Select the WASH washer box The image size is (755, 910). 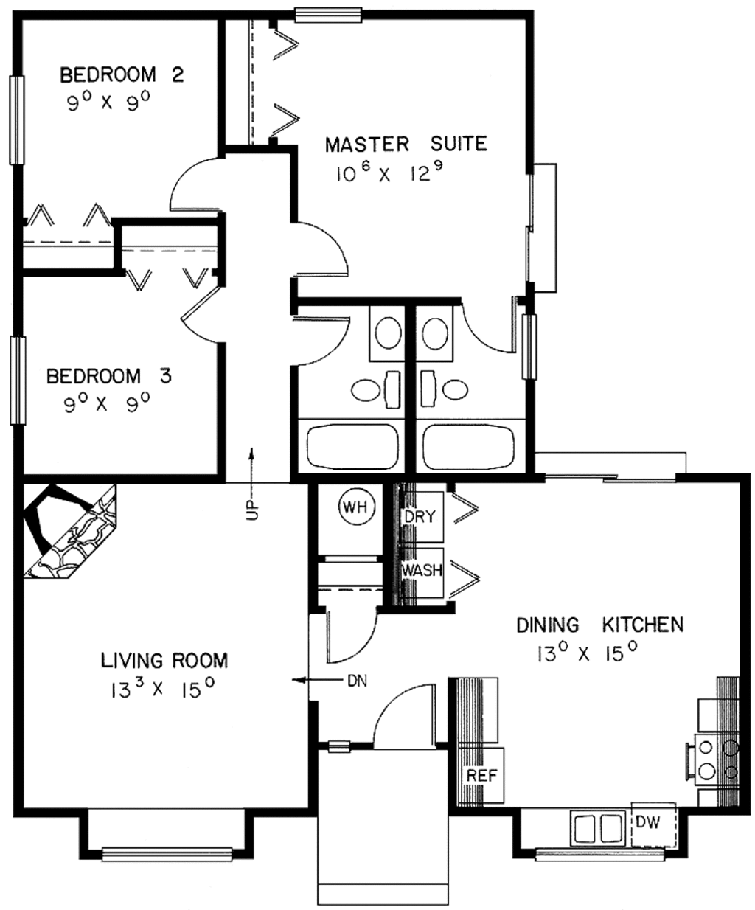point(422,570)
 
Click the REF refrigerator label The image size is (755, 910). point(481,775)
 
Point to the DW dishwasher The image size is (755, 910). point(648,821)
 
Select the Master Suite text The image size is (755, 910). point(406,143)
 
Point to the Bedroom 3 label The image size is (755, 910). point(108,376)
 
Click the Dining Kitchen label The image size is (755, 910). point(599,625)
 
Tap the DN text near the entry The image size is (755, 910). point(357,680)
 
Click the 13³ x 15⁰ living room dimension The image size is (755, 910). point(162,690)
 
